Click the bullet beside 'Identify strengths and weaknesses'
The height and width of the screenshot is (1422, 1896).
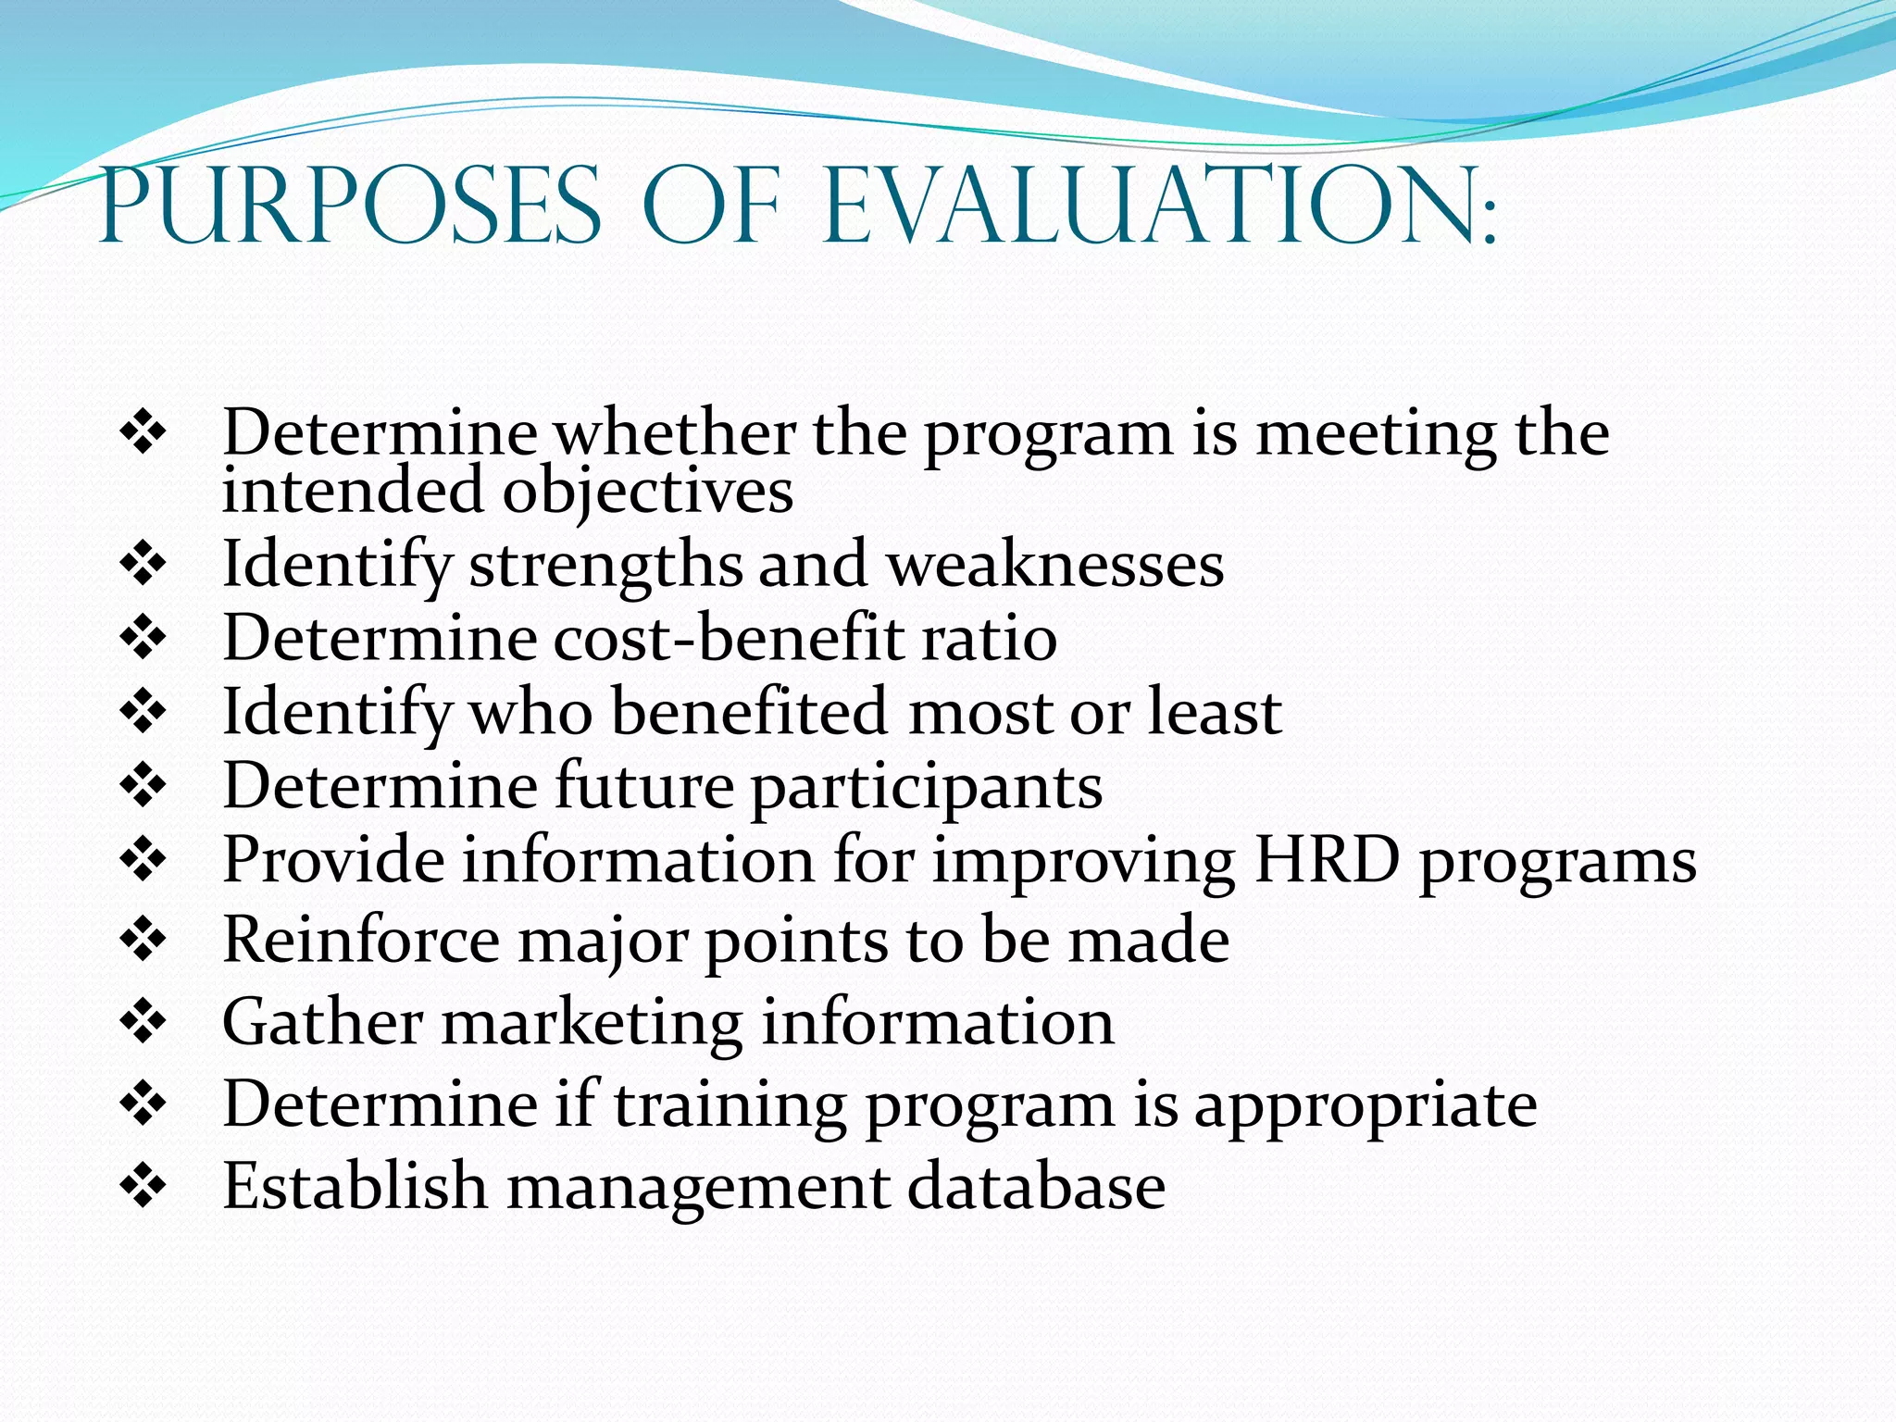point(143,563)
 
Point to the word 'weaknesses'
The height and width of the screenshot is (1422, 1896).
point(1055,565)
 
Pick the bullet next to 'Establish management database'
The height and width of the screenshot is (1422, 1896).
point(143,1186)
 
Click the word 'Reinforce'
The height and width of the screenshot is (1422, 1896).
point(361,941)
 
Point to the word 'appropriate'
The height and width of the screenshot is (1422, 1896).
point(1365,1106)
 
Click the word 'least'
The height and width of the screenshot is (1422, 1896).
point(1215,712)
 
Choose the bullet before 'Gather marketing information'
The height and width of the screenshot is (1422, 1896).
point(143,1022)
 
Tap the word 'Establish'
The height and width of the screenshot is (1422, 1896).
point(355,1186)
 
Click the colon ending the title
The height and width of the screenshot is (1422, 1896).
point(1488,226)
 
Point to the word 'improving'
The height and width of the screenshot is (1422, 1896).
point(1082,862)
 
